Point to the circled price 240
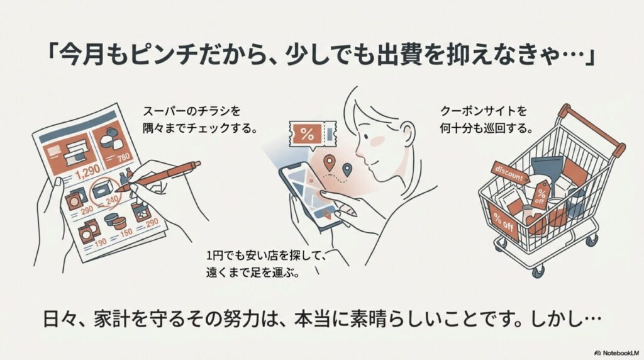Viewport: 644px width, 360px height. [x=111, y=200]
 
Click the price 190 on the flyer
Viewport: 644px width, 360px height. [x=100, y=242]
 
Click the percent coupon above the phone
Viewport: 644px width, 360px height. [x=313, y=134]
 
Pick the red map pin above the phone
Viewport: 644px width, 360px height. [x=328, y=162]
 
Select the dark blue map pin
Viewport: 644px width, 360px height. [x=347, y=169]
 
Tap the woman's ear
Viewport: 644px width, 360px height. [x=407, y=135]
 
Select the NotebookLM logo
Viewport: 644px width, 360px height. [x=616, y=353]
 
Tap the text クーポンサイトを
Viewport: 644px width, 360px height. [x=483, y=111]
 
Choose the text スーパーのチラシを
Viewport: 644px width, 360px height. [x=191, y=111]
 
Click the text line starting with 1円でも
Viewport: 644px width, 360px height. [x=266, y=256]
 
